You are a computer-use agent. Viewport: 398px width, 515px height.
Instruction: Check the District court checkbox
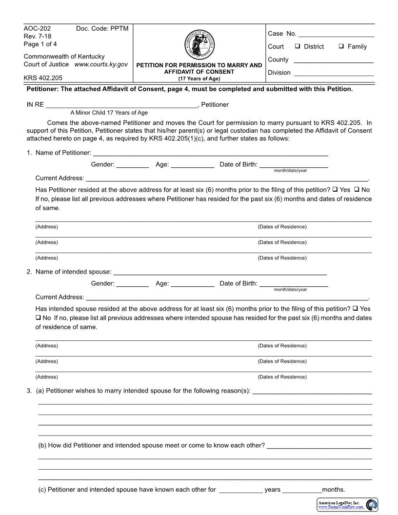point(298,46)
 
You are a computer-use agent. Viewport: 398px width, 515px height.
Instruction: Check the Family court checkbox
point(341,46)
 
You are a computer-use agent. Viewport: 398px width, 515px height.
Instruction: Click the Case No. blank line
point(336,35)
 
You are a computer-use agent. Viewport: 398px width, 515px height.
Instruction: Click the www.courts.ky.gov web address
point(101,64)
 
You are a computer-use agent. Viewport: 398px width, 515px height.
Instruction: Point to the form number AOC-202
point(37,29)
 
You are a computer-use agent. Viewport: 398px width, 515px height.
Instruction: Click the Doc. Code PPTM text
point(102,29)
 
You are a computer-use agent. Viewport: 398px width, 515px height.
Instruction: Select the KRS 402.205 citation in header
point(43,78)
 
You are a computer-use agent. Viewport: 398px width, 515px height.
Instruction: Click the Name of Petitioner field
point(210,154)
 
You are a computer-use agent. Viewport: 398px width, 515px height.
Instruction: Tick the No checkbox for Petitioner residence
point(357,190)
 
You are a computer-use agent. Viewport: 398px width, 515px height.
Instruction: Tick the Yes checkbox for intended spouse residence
point(355,309)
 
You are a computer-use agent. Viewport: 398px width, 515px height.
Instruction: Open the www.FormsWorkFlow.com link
point(340,507)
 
